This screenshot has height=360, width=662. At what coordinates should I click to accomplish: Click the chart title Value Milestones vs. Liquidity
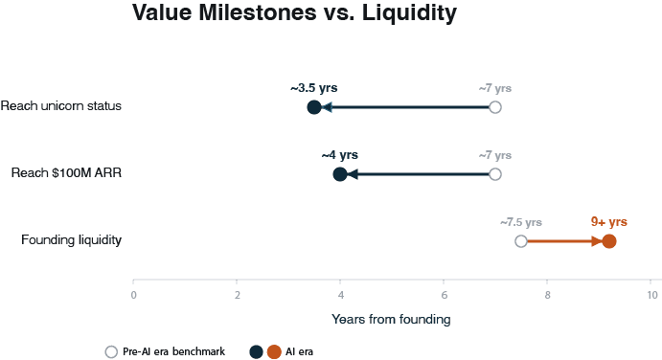[x=294, y=12]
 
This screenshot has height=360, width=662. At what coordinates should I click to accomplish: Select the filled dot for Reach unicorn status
[x=314, y=107]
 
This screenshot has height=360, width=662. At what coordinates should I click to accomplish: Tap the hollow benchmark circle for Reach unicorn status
[x=495, y=107]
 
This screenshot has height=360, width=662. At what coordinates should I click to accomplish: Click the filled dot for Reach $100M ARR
[x=340, y=174]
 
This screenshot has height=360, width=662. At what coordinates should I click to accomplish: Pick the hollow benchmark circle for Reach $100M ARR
[x=495, y=174]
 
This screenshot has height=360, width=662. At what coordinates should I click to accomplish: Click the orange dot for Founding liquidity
[x=608, y=241]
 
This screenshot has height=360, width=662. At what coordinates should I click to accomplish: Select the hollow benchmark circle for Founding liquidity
[x=521, y=241]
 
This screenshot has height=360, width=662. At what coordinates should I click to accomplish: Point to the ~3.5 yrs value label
[x=313, y=88]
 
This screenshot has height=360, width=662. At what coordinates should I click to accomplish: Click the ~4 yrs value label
[x=339, y=155]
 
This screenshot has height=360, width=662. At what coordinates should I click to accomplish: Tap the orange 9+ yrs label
[x=608, y=222]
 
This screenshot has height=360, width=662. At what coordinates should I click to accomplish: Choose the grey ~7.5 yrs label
[x=521, y=222]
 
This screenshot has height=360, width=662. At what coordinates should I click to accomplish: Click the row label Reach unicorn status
[x=60, y=105]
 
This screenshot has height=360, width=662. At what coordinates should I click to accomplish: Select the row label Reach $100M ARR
[x=66, y=172]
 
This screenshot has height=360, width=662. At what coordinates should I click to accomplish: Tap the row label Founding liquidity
[x=71, y=239]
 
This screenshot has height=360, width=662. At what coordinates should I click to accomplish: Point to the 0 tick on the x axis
[x=133, y=295]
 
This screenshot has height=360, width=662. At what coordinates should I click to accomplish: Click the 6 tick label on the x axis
[x=445, y=295]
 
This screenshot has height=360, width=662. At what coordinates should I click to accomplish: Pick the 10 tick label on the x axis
[x=652, y=295]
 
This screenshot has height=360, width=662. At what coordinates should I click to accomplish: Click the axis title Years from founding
[x=391, y=319]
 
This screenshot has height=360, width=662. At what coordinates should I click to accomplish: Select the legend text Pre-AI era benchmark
[x=174, y=351]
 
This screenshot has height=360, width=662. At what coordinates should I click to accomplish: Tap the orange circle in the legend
[x=274, y=352]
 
